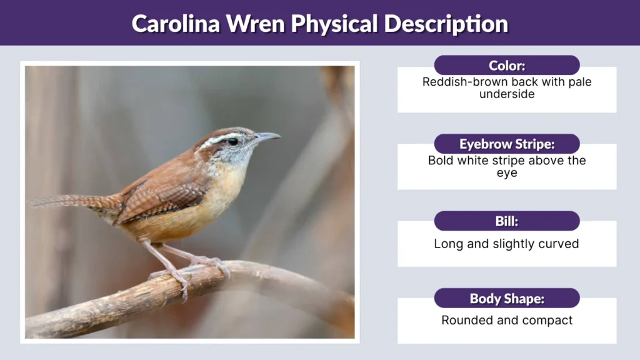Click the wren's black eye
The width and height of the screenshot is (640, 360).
tap(232, 141)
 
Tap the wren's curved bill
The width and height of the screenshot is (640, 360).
tap(266, 137)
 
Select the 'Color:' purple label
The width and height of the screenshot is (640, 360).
tap(506, 65)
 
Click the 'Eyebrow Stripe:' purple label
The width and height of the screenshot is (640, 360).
tap(506, 144)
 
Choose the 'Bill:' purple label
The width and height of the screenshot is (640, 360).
tap(506, 221)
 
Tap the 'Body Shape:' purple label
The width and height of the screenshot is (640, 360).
tap(506, 299)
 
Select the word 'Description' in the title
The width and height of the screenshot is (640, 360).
tap(446, 23)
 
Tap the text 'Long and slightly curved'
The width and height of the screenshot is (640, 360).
tap(506, 244)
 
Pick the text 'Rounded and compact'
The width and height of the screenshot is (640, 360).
tap(506, 321)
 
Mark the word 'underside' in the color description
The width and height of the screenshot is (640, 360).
tap(506, 94)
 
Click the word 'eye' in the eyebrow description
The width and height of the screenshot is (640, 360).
tap(506, 172)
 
